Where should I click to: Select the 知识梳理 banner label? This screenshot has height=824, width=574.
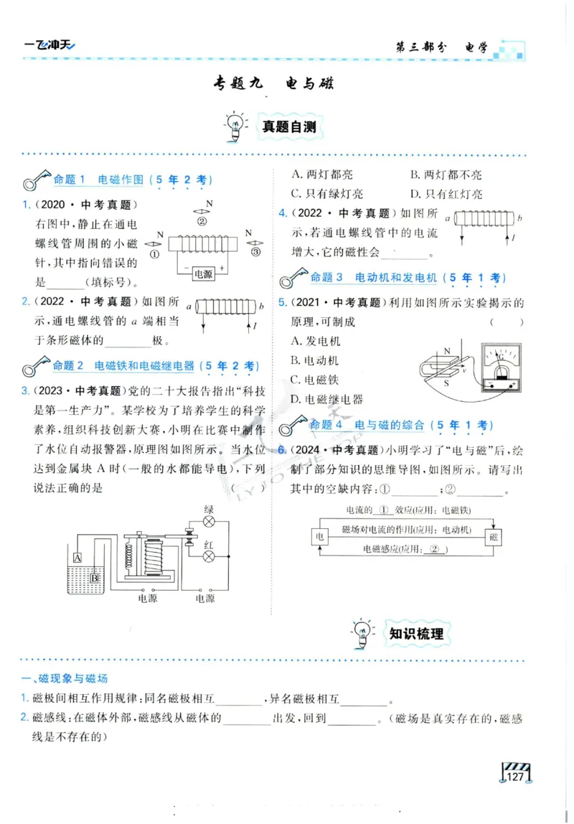click(x=415, y=633)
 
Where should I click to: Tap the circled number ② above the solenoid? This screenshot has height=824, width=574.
click(x=202, y=221)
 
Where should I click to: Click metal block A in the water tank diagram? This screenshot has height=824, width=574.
click(x=77, y=558)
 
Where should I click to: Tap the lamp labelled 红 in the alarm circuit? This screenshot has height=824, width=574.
click(x=209, y=556)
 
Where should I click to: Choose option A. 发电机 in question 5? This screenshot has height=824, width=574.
click(x=316, y=342)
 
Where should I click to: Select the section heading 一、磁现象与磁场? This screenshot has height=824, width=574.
click(x=65, y=678)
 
